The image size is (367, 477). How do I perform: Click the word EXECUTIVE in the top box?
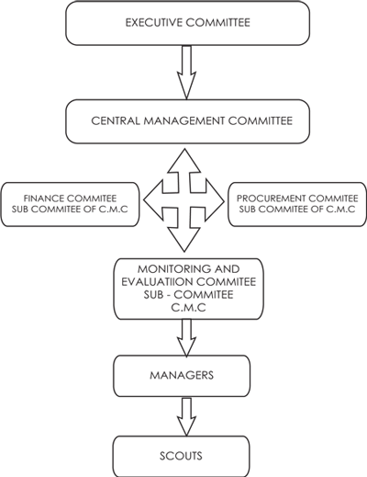pyautogui.click(x=153, y=23)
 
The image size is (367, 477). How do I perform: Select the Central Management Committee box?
pyautogui.click(x=187, y=121)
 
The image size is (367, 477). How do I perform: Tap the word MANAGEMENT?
pyautogui.click(x=184, y=120)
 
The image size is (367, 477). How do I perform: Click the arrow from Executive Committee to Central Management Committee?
pyautogui.click(x=186, y=72)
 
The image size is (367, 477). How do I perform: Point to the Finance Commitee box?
pyautogui.click(x=70, y=204)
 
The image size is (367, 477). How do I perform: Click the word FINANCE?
pyautogui.click(x=44, y=199)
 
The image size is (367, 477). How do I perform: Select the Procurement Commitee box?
pyautogui.click(x=297, y=204)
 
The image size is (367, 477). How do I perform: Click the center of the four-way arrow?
pyautogui.click(x=184, y=200)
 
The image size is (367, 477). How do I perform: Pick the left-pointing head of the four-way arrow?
pyautogui.click(x=153, y=200)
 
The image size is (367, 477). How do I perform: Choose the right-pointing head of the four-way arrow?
pyautogui.click(x=215, y=200)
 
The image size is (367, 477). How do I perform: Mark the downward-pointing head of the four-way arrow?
pyautogui.click(x=184, y=241)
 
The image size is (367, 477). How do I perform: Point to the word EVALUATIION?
pyautogui.click(x=157, y=282)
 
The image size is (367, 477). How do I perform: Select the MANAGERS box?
pyautogui.click(x=182, y=376)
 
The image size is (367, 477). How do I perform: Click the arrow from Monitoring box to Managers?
pyautogui.click(x=186, y=338)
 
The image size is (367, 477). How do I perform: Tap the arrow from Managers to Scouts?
pyautogui.click(x=186, y=417)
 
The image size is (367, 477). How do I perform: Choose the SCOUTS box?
pyautogui.click(x=181, y=456)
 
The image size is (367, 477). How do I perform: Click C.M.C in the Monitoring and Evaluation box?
pyautogui.click(x=188, y=307)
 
